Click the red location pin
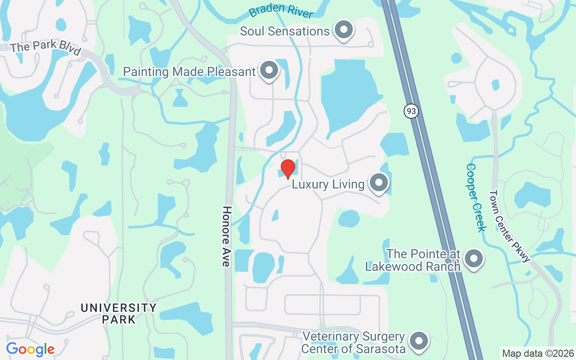point(288,169)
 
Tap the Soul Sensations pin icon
point(344,30)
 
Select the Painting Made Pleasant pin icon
point(270,71)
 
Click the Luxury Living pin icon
point(378,183)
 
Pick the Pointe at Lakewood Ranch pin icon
point(473,259)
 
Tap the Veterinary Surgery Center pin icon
point(419,342)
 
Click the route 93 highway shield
point(411,111)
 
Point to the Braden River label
point(281,12)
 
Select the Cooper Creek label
point(476,197)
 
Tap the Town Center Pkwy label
point(509,226)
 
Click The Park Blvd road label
point(45,47)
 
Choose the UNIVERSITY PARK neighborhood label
point(119,314)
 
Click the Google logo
point(30,349)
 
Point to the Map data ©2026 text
point(538,354)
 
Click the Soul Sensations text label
point(284,31)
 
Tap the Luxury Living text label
point(328,184)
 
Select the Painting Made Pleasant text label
point(189,72)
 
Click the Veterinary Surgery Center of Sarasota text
point(353,342)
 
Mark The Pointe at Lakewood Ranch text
point(413,260)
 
